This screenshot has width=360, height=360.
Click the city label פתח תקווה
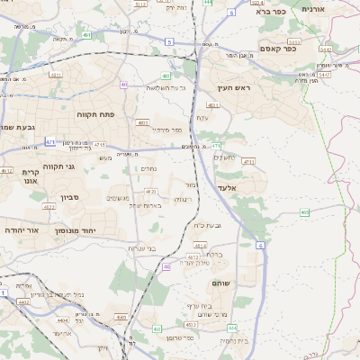(x=91, y=114)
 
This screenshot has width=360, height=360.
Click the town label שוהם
(x=220, y=283)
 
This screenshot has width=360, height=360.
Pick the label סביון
(x=70, y=197)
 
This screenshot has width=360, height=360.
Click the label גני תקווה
(x=57, y=166)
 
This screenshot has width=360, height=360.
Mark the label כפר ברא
(x=270, y=12)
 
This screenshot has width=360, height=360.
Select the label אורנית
(x=312, y=8)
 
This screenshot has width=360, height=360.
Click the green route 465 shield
(x=305, y=212)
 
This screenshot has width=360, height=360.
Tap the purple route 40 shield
(x=122, y=85)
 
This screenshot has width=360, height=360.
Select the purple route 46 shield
(x=167, y=266)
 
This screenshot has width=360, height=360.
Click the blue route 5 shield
(x=168, y=41)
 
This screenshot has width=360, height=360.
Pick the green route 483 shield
(x=166, y=76)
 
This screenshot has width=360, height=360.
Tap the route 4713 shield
(x=248, y=162)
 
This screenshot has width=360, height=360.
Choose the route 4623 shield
(x=150, y=192)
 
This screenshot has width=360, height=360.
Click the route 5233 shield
(x=139, y=4)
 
